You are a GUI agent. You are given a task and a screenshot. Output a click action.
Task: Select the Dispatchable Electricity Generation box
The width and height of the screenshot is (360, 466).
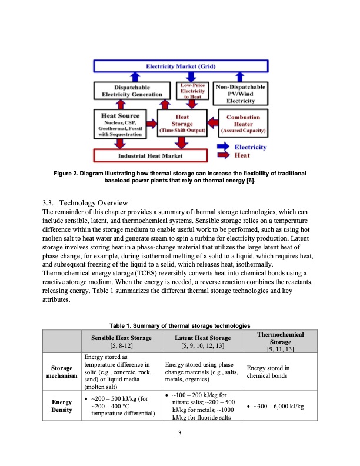point(132,91)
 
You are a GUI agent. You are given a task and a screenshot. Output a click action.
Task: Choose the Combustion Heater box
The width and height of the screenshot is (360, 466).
point(244,124)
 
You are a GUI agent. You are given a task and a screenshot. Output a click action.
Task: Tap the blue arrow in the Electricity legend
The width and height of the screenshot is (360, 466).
point(224,147)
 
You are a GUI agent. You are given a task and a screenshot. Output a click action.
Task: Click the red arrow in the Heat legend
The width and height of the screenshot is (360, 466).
point(224,156)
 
